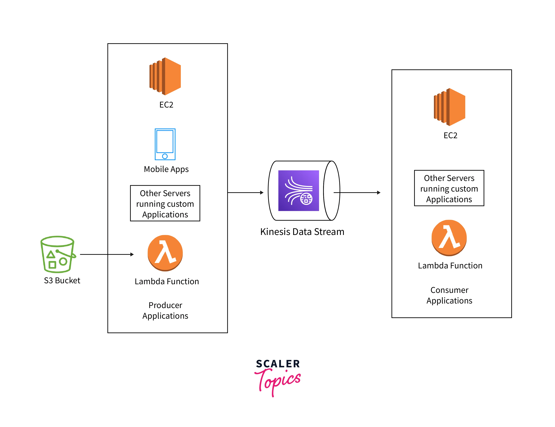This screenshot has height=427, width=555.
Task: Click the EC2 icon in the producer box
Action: coord(165,76)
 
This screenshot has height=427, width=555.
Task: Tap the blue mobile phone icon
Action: coord(165,144)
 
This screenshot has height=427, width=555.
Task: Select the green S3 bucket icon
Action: coord(58,254)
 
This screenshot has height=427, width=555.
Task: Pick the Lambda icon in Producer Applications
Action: coord(165,253)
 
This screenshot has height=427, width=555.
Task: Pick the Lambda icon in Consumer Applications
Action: coord(449,238)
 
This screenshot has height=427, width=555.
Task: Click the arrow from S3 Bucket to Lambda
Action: coord(107,254)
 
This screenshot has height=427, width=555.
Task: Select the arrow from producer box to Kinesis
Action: coord(245,193)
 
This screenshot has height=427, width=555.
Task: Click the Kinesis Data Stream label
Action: coord(302,232)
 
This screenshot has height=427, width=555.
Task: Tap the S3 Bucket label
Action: coord(62,280)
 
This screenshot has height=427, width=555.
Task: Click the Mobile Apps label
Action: coord(166,169)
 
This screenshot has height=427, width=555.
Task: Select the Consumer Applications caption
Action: coord(449,295)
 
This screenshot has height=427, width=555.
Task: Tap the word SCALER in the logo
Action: coord(278,364)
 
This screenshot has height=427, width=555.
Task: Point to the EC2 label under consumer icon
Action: coord(450,135)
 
